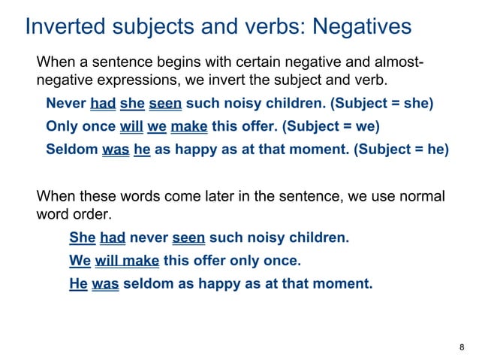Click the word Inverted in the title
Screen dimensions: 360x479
click(64, 27)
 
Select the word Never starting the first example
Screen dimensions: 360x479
click(65, 103)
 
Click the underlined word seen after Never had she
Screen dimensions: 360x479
click(165, 103)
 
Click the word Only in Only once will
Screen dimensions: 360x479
click(61, 126)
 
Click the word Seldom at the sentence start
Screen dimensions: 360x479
click(71, 149)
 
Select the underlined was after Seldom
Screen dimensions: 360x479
click(116, 149)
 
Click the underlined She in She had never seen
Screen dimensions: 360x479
click(82, 239)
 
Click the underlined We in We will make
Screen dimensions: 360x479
click(80, 262)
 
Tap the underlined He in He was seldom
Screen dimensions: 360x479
click(78, 284)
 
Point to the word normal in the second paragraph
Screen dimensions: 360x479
click(422, 197)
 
